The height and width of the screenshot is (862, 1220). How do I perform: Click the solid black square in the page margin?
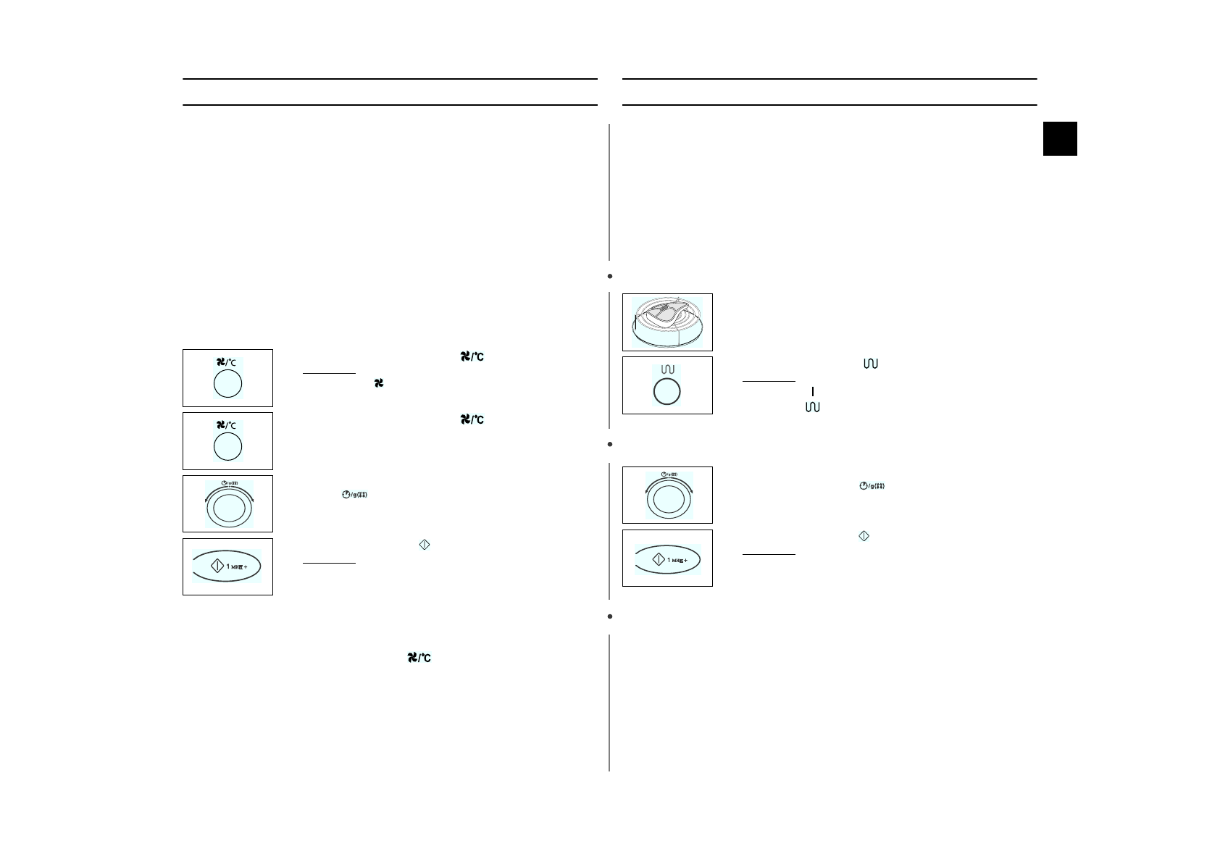tap(1059, 138)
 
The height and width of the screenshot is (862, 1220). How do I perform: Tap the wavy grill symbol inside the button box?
tap(667, 369)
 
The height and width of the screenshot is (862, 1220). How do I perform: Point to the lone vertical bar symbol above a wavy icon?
tap(813, 391)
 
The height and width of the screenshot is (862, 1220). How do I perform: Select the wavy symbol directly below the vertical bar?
tap(812, 408)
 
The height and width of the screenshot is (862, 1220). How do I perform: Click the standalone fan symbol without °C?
tap(378, 382)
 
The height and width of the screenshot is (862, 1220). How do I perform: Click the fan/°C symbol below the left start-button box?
tap(419, 658)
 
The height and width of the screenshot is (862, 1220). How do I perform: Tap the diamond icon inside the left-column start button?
tap(216, 566)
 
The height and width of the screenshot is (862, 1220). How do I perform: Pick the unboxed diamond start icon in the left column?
tap(425, 545)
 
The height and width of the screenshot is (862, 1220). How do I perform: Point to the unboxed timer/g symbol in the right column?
tap(872, 485)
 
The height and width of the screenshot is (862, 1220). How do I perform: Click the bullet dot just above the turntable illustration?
tap(610, 276)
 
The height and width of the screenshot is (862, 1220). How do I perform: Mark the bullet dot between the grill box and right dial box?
tap(610, 443)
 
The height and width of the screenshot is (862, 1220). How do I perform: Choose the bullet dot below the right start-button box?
tap(610, 616)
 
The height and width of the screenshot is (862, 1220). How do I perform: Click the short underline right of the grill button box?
tap(768, 381)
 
